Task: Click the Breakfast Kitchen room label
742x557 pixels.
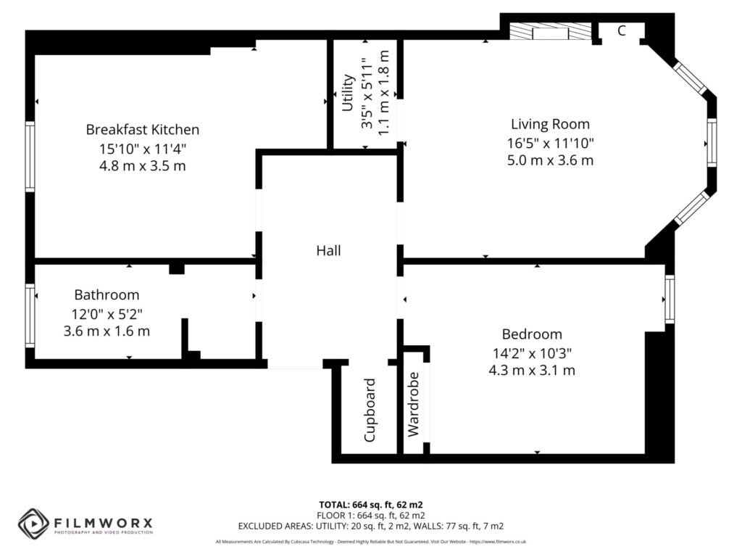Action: (142, 130)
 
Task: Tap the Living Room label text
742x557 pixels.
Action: (550, 124)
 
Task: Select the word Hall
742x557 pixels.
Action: (328, 251)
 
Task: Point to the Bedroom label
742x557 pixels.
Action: (532, 334)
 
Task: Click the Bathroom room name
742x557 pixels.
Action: (107, 295)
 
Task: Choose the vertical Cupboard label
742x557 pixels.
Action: (370, 410)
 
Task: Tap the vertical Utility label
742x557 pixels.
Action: (347, 93)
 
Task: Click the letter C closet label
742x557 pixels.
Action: (622, 30)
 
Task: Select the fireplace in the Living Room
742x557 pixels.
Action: (549, 32)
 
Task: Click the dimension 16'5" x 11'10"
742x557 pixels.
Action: (550, 143)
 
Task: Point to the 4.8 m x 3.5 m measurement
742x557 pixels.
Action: (142, 166)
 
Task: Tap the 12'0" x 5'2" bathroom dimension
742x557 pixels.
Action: (107, 313)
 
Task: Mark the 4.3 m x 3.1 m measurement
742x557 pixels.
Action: (532, 371)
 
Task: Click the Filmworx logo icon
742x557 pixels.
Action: (33, 523)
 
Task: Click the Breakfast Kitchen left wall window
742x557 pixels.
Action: (30, 156)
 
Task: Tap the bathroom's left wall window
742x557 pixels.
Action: (30, 315)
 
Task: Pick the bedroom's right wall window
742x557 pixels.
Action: (670, 299)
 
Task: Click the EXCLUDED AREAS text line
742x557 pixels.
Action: (370, 526)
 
